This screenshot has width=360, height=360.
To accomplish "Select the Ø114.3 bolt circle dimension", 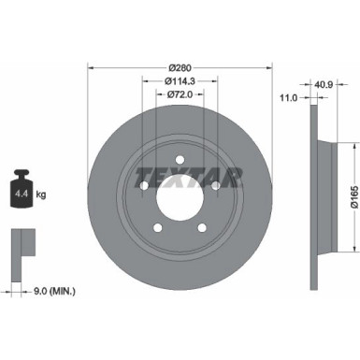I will tap(180, 81).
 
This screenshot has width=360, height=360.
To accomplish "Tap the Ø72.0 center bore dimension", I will tap(180, 94).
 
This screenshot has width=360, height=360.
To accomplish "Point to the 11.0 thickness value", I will tap(289, 97).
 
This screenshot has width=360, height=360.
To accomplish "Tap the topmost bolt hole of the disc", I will tap(180, 161).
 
